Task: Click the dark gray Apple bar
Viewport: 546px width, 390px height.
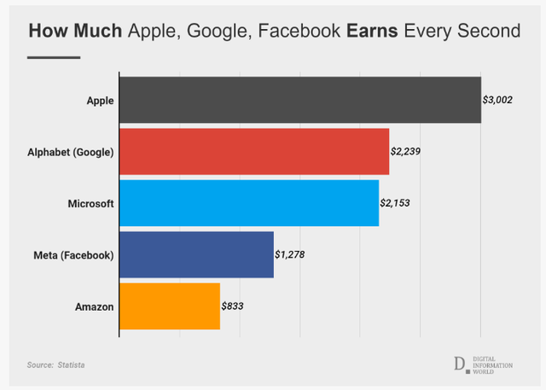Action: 299,100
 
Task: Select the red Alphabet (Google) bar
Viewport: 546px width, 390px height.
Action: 253,152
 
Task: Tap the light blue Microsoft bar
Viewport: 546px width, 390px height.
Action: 248,203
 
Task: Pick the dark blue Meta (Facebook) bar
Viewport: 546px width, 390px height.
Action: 196,254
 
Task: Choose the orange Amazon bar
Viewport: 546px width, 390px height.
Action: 169,306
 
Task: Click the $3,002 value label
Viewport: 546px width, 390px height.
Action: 497,100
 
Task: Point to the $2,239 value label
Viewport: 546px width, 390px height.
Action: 406,151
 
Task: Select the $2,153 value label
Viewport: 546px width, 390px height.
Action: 396,203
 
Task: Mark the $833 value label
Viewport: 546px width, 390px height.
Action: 234,305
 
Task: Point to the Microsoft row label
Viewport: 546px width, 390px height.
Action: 90,204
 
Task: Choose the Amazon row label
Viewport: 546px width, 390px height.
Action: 94,306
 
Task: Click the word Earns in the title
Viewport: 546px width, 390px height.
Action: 372,32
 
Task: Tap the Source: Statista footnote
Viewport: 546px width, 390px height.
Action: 55,365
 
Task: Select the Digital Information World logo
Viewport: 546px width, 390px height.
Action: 483,364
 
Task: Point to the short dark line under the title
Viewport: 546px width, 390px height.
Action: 54,57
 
